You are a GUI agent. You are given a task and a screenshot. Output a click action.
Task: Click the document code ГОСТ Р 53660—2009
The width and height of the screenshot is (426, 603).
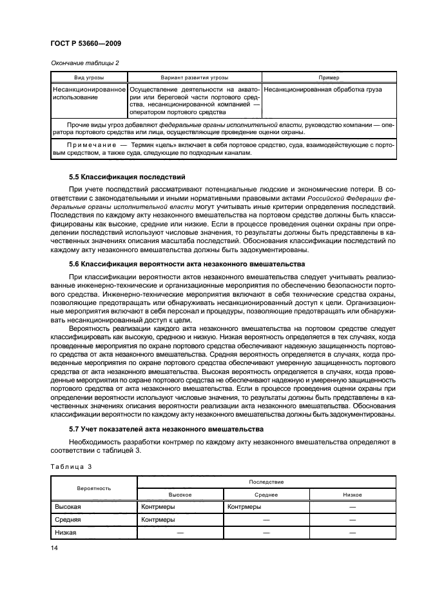point(86,43)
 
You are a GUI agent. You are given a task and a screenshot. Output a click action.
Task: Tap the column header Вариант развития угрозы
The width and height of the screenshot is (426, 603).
point(194,77)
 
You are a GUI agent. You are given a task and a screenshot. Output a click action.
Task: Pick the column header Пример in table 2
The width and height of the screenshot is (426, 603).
point(328,77)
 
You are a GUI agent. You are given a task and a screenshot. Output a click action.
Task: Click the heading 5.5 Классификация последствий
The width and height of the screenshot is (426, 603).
point(126,176)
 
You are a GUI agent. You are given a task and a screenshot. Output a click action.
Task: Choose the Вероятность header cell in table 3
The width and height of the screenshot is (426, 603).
point(93,488)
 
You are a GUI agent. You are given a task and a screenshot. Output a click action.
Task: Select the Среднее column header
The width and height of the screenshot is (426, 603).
point(266,495)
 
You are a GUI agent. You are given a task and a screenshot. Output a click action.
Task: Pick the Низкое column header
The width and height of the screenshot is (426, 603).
point(352,495)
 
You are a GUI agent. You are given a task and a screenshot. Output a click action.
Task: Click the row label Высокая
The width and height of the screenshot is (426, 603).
point(68,507)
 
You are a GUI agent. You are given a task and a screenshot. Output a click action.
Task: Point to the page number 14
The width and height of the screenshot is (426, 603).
point(55,548)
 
